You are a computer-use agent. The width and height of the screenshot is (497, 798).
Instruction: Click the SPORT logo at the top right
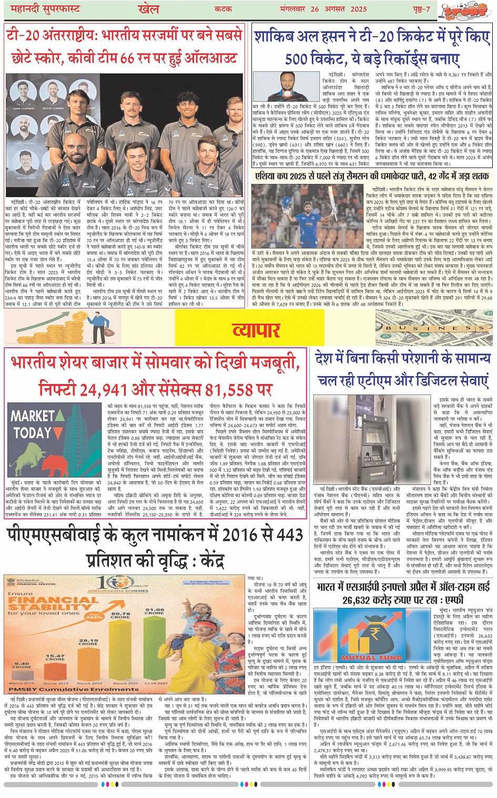pyautogui.click(x=472, y=11)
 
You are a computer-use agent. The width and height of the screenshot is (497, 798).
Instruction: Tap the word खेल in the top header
pyautogui.click(x=148, y=9)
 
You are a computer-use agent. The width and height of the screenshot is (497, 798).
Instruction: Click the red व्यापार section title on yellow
pyautogui.click(x=256, y=330)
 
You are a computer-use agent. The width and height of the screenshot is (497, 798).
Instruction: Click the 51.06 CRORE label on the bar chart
pyautogui.click(x=155, y=612)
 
